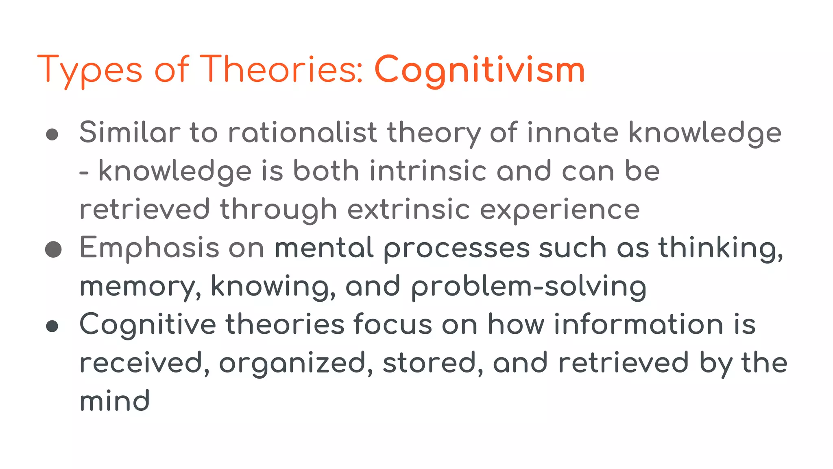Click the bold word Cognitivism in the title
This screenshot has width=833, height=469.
(x=479, y=70)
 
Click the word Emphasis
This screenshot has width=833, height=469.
(x=149, y=248)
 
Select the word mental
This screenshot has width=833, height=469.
(x=324, y=248)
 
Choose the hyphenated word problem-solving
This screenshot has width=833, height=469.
(x=528, y=287)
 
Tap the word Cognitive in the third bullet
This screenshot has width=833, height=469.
(x=148, y=325)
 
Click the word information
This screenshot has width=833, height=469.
(x=639, y=324)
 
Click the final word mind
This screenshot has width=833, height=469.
(x=115, y=401)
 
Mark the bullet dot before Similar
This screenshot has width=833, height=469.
(x=52, y=134)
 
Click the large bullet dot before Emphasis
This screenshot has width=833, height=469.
(x=53, y=249)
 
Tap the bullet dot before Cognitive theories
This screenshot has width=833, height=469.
(x=52, y=326)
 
